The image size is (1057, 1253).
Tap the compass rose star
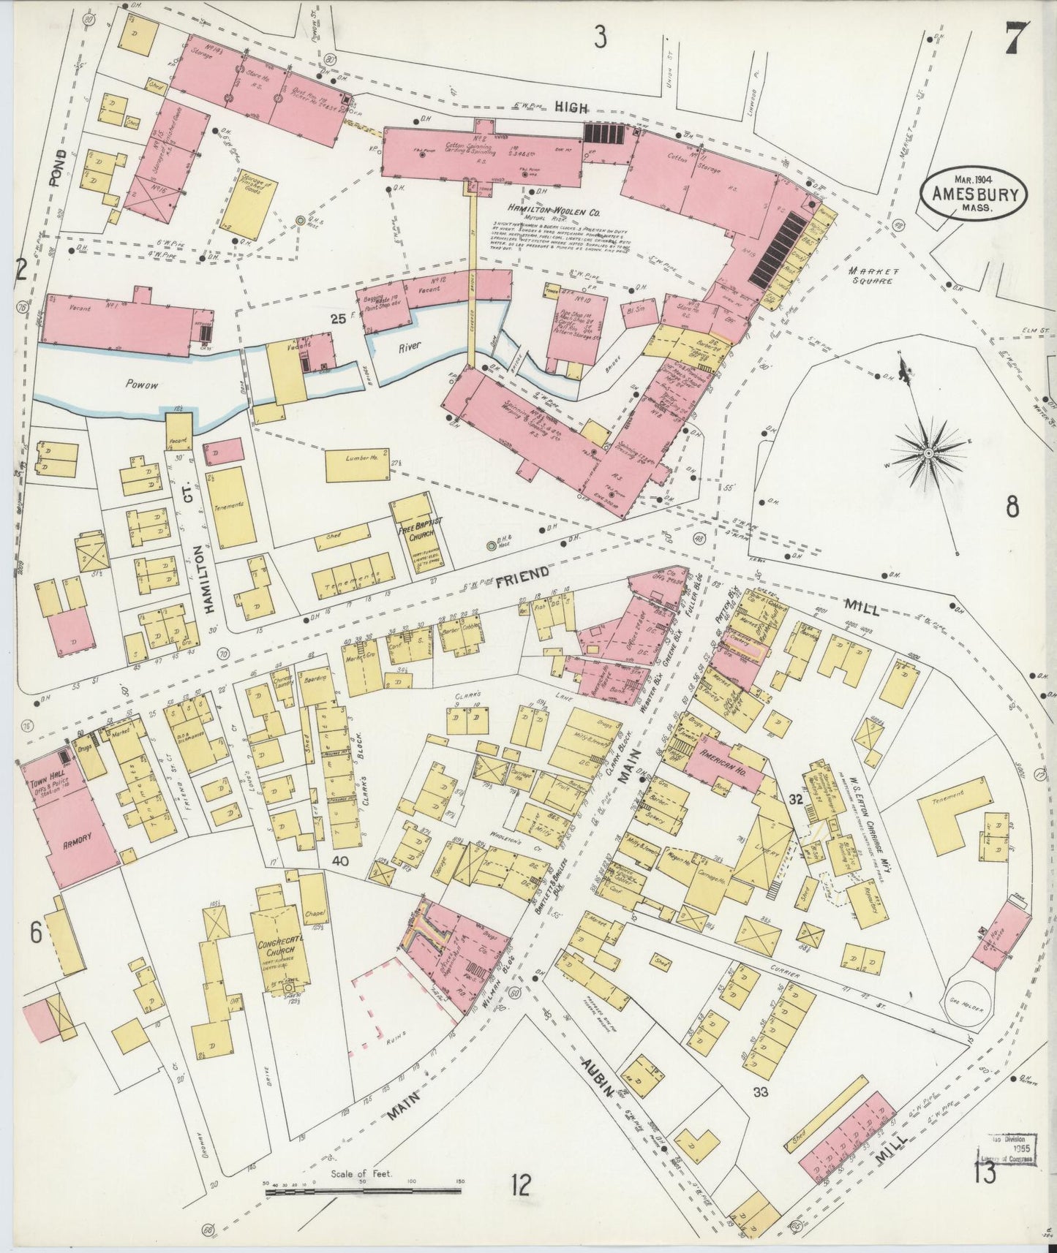coord(928,453)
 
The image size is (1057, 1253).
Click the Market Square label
coord(870,276)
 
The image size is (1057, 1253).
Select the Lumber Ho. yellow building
coord(353,466)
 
